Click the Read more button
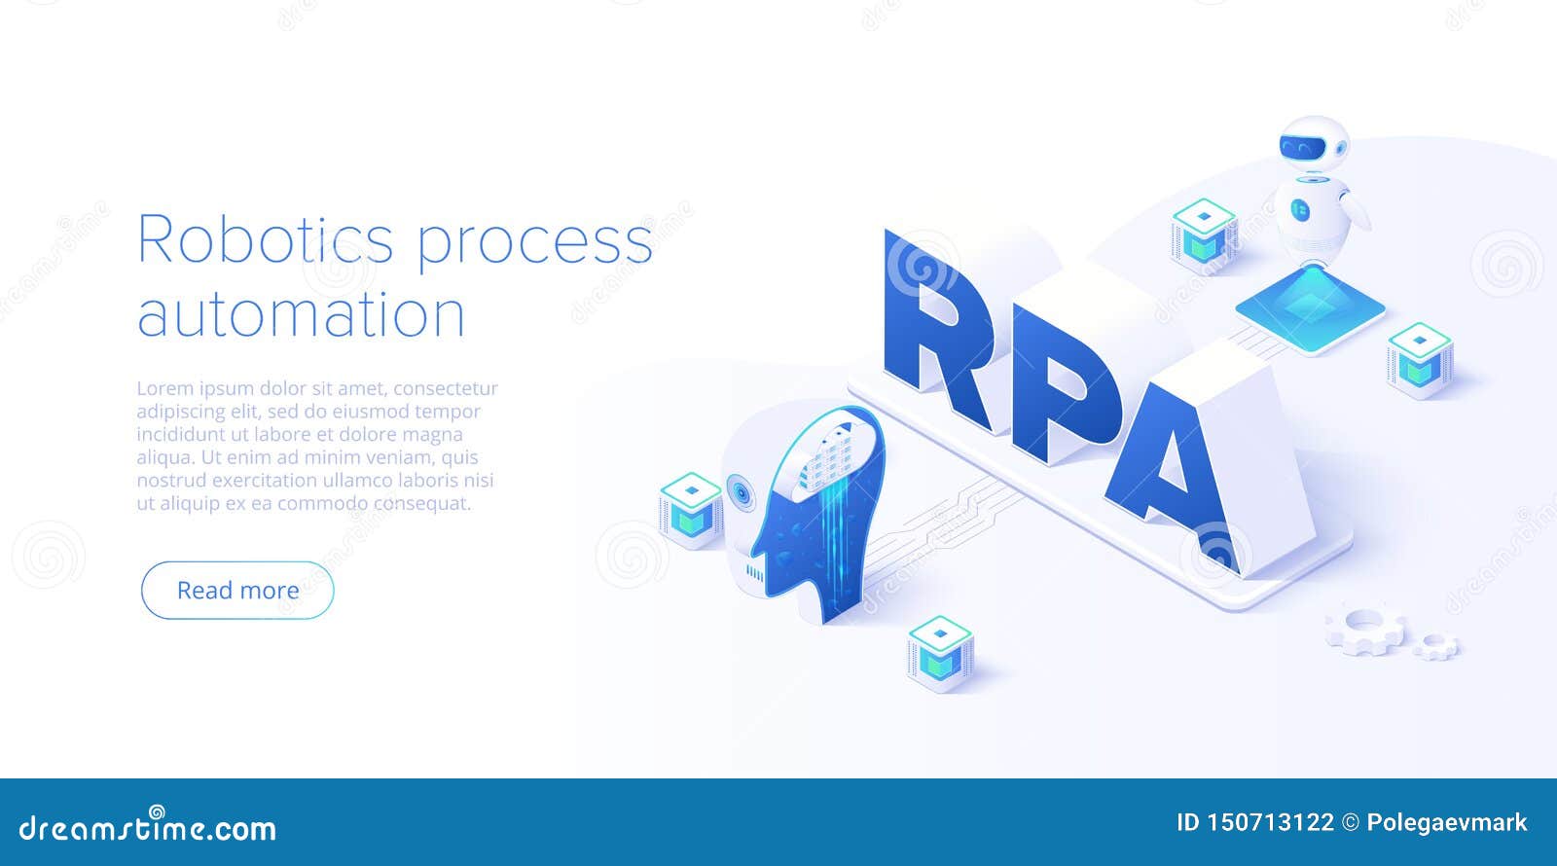pyautogui.click(x=237, y=590)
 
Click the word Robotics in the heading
pyautogui.click(x=265, y=239)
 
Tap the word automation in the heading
pyautogui.click(x=301, y=315)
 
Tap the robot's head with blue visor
pyautogui.click(x=1311, y=146)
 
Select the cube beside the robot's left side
pyautogui.click(x=1204, y=232)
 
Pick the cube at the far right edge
pyautogui.click(x=1419, y=358)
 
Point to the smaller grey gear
pyautogui.click(x=1434, y=646)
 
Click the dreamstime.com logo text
pyautogui.click(x=148, y=828)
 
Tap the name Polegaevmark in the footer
pyautogui.click(x=1446, y=822)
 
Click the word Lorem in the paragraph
pyautogui.click(x=163, y=388)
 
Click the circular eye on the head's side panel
pyautogui.click(x=742, y=492)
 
